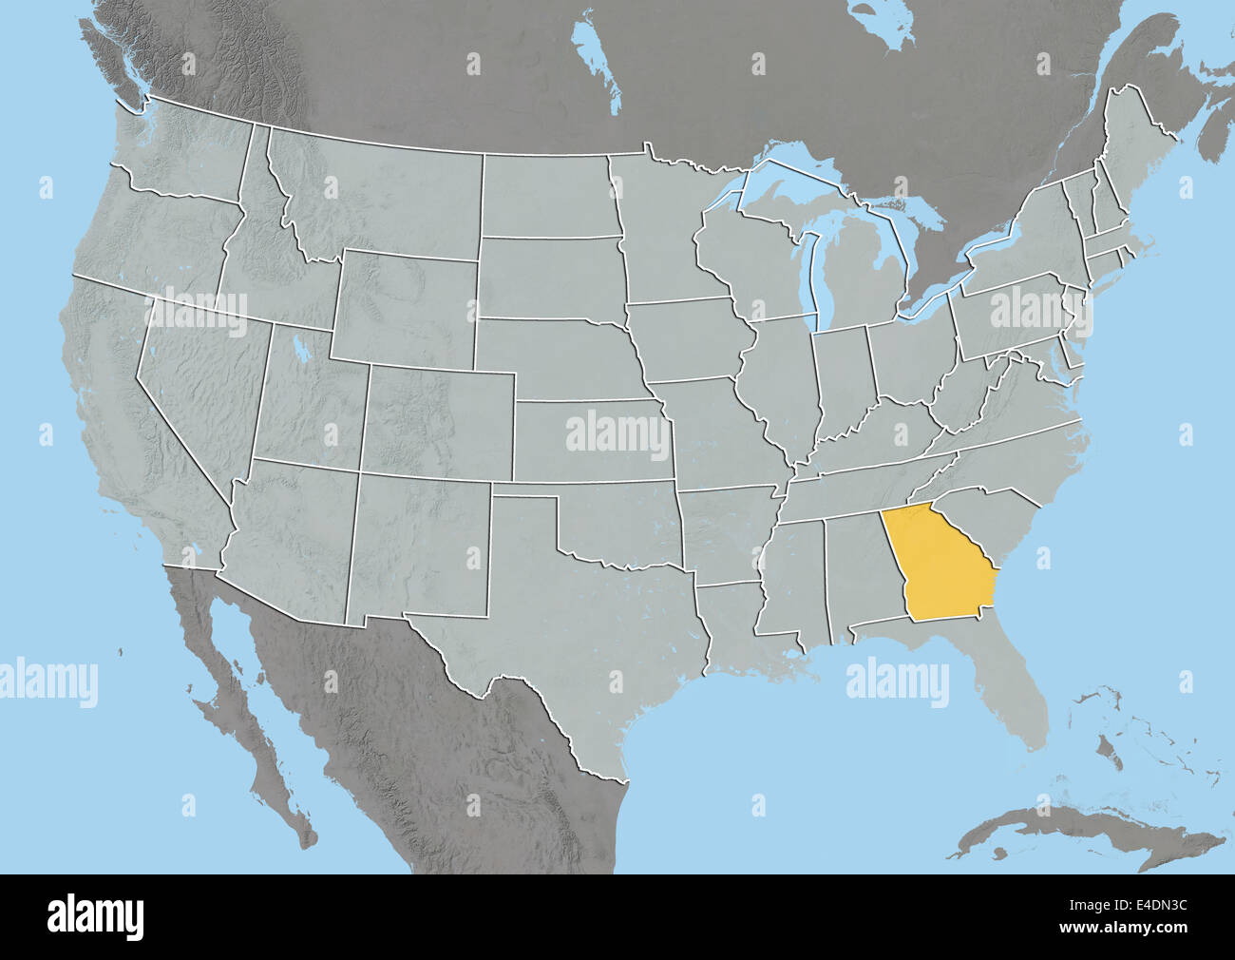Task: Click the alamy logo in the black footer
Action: (95, 917)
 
